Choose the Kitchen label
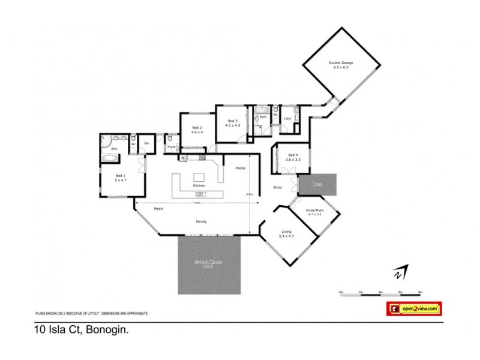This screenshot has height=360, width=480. (199, 185)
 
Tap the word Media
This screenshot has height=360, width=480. (241, 168)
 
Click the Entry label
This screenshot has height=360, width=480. (278, 188)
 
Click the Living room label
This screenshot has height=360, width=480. (287, 234)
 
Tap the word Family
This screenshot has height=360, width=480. (202, 221)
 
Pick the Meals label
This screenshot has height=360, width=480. (158, 208)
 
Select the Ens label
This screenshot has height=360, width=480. (113, 148)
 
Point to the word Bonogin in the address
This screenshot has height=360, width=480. (108, 329)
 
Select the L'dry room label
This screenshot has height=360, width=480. (287, 119)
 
